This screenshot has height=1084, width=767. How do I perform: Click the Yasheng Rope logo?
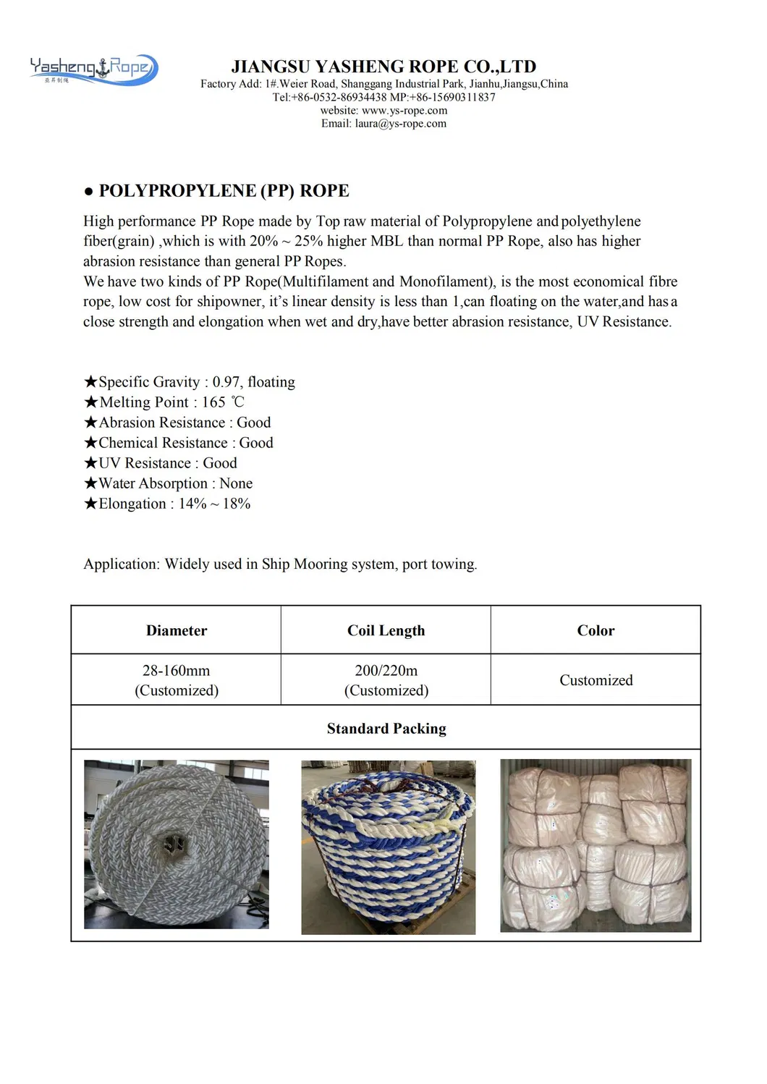point(93,69)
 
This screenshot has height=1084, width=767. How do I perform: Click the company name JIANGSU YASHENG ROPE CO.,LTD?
point(383,67)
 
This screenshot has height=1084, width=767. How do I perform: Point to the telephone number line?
point(383,97)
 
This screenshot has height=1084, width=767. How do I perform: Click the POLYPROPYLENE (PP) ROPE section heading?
point(224,191)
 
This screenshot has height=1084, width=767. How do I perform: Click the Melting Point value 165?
point(213,402)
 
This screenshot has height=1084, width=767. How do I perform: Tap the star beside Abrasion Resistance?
point(90,423)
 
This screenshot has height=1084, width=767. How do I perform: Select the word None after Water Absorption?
point(236,483)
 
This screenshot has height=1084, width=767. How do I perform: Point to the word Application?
point(120,564)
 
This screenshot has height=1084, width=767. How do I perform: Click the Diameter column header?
point(177,630)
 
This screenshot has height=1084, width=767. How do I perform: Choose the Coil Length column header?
point(386,630)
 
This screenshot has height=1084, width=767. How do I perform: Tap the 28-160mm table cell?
point(177,679)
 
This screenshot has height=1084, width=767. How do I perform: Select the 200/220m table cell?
point(386,679)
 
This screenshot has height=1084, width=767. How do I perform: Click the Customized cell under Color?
point(596,680)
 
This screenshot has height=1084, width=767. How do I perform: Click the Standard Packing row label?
point(386,729)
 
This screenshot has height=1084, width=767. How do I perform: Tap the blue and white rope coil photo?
point(388,847)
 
